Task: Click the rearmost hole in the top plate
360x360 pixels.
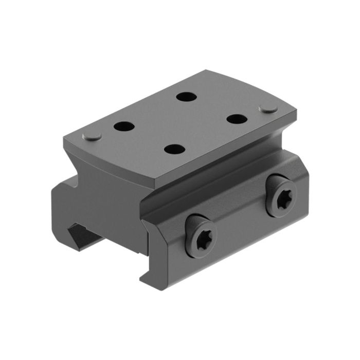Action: point(184,96)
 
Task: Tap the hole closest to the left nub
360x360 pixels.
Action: point(123,125)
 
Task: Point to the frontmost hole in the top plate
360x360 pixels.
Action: point(174,149)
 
